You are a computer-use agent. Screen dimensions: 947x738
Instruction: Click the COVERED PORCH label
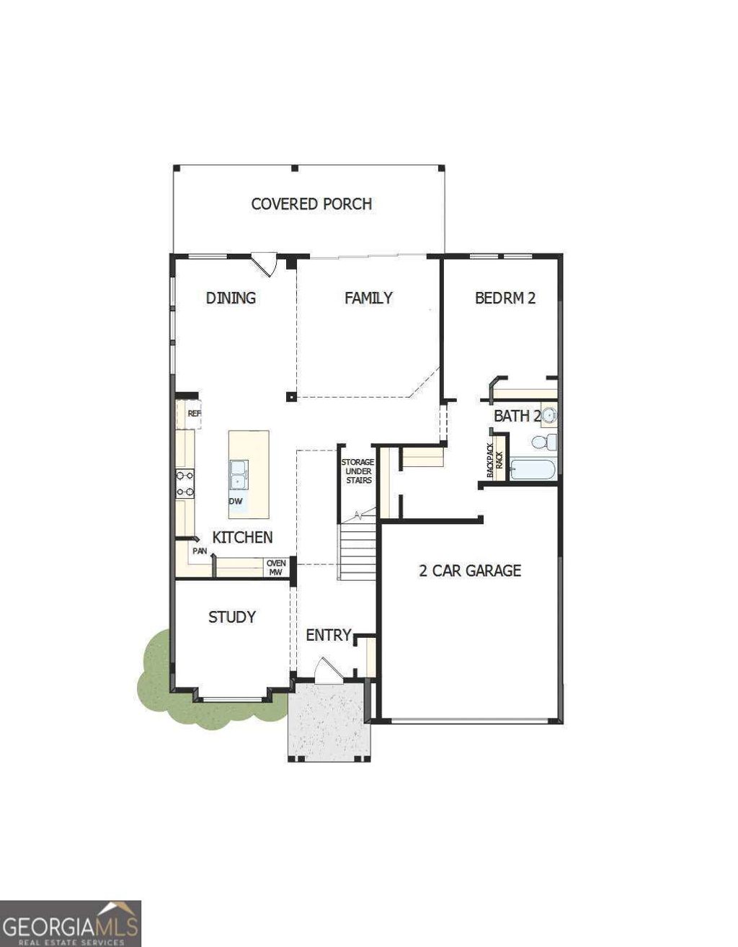point(311,204)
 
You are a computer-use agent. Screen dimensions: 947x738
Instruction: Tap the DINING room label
point(231,298)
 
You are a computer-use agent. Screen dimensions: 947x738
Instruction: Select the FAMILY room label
point(368,298)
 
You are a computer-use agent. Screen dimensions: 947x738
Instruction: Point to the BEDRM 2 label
point(505,298)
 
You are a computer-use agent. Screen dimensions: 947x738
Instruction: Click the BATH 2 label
point(517,416)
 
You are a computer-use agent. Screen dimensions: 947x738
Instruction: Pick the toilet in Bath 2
point(546,441)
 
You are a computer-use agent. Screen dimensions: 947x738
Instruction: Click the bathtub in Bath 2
point(533,470)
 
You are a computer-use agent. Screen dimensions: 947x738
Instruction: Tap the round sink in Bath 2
point(549,415)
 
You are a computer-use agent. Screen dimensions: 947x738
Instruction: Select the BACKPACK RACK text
point(494,461)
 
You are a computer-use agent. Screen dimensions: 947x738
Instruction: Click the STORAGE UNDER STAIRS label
point(357,471)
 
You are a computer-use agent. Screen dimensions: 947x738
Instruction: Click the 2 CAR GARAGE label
point(470,571)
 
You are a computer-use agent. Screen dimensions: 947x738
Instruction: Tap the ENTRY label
point(329,635)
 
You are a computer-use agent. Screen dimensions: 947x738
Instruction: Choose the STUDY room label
point(232,617)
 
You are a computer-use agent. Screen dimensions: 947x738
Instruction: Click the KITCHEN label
point(242,537)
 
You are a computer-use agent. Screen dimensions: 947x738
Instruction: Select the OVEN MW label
point(276,568)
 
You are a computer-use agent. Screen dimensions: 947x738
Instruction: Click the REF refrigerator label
point(194,414)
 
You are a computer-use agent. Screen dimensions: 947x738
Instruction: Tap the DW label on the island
point(236,501)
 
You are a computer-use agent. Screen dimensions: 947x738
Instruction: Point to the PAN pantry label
point(200,551)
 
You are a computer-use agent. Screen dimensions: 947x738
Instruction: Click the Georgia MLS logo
point(71,923)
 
